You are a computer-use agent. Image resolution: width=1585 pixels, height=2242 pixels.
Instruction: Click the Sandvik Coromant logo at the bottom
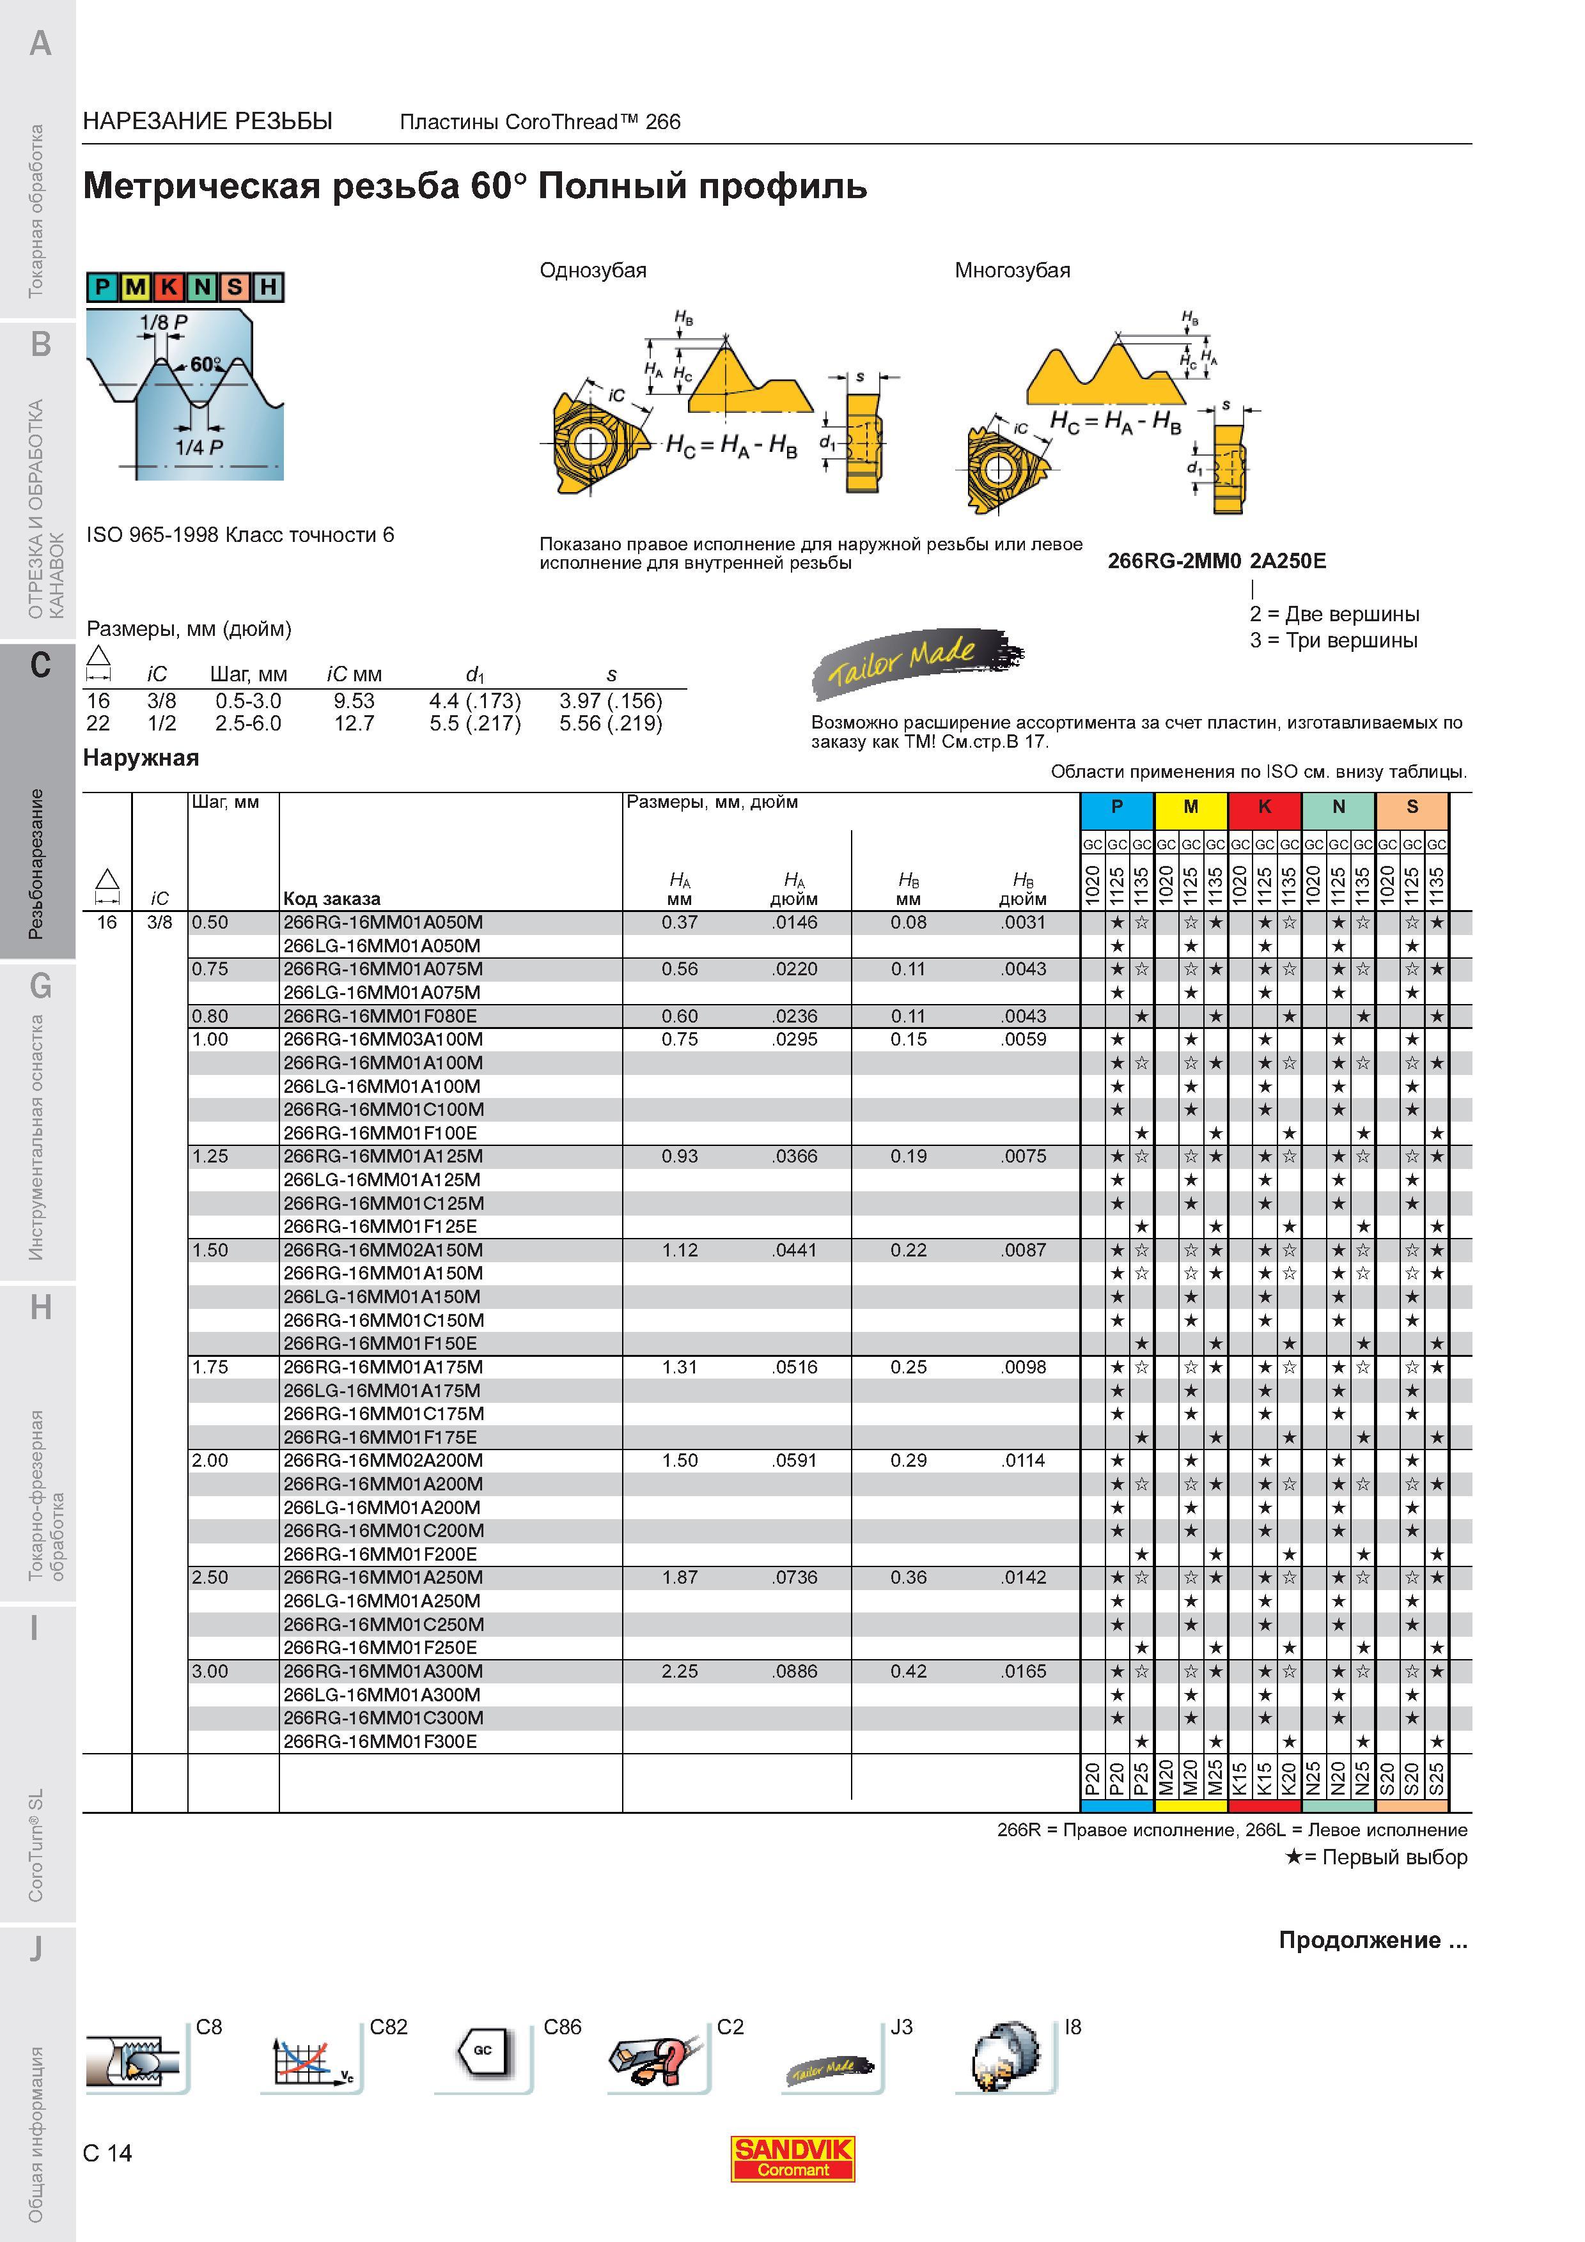pos(793,2158)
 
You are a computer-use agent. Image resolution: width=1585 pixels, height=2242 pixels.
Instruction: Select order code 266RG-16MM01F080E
pos(380,1016)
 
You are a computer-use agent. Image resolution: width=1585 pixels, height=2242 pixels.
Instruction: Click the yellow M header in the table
pos(1191,807)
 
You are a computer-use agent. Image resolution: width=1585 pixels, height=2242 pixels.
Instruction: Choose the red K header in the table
pos(1265,807)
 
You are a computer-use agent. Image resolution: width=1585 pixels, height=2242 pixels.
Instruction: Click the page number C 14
pos(107,2152)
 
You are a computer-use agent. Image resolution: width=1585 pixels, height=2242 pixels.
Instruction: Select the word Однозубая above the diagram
pos(593,270)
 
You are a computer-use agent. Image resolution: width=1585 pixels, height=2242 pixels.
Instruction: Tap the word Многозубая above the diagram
pos(1013,270)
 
